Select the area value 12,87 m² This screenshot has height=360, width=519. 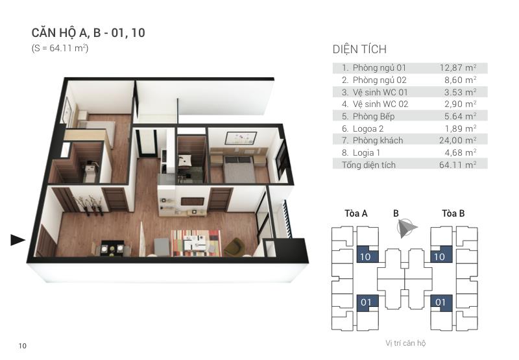pos(458,67)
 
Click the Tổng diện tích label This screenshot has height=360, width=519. pos(368,165)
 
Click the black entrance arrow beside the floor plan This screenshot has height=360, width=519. pos(18,241)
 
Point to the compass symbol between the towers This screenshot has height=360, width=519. pos(407,228)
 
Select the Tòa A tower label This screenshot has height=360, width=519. pos(356,213)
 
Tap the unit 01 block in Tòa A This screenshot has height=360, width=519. pos(367,302)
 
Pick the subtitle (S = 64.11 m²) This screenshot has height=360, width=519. pos(60,49)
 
